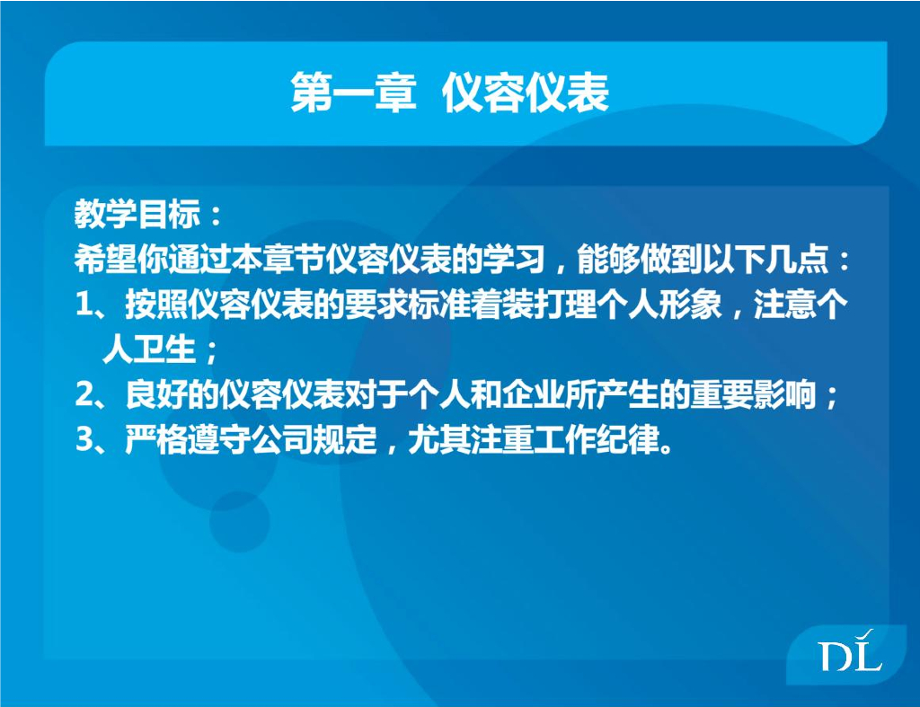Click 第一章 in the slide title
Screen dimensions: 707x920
(353, 93)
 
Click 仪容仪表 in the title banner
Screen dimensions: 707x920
(526, 93)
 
